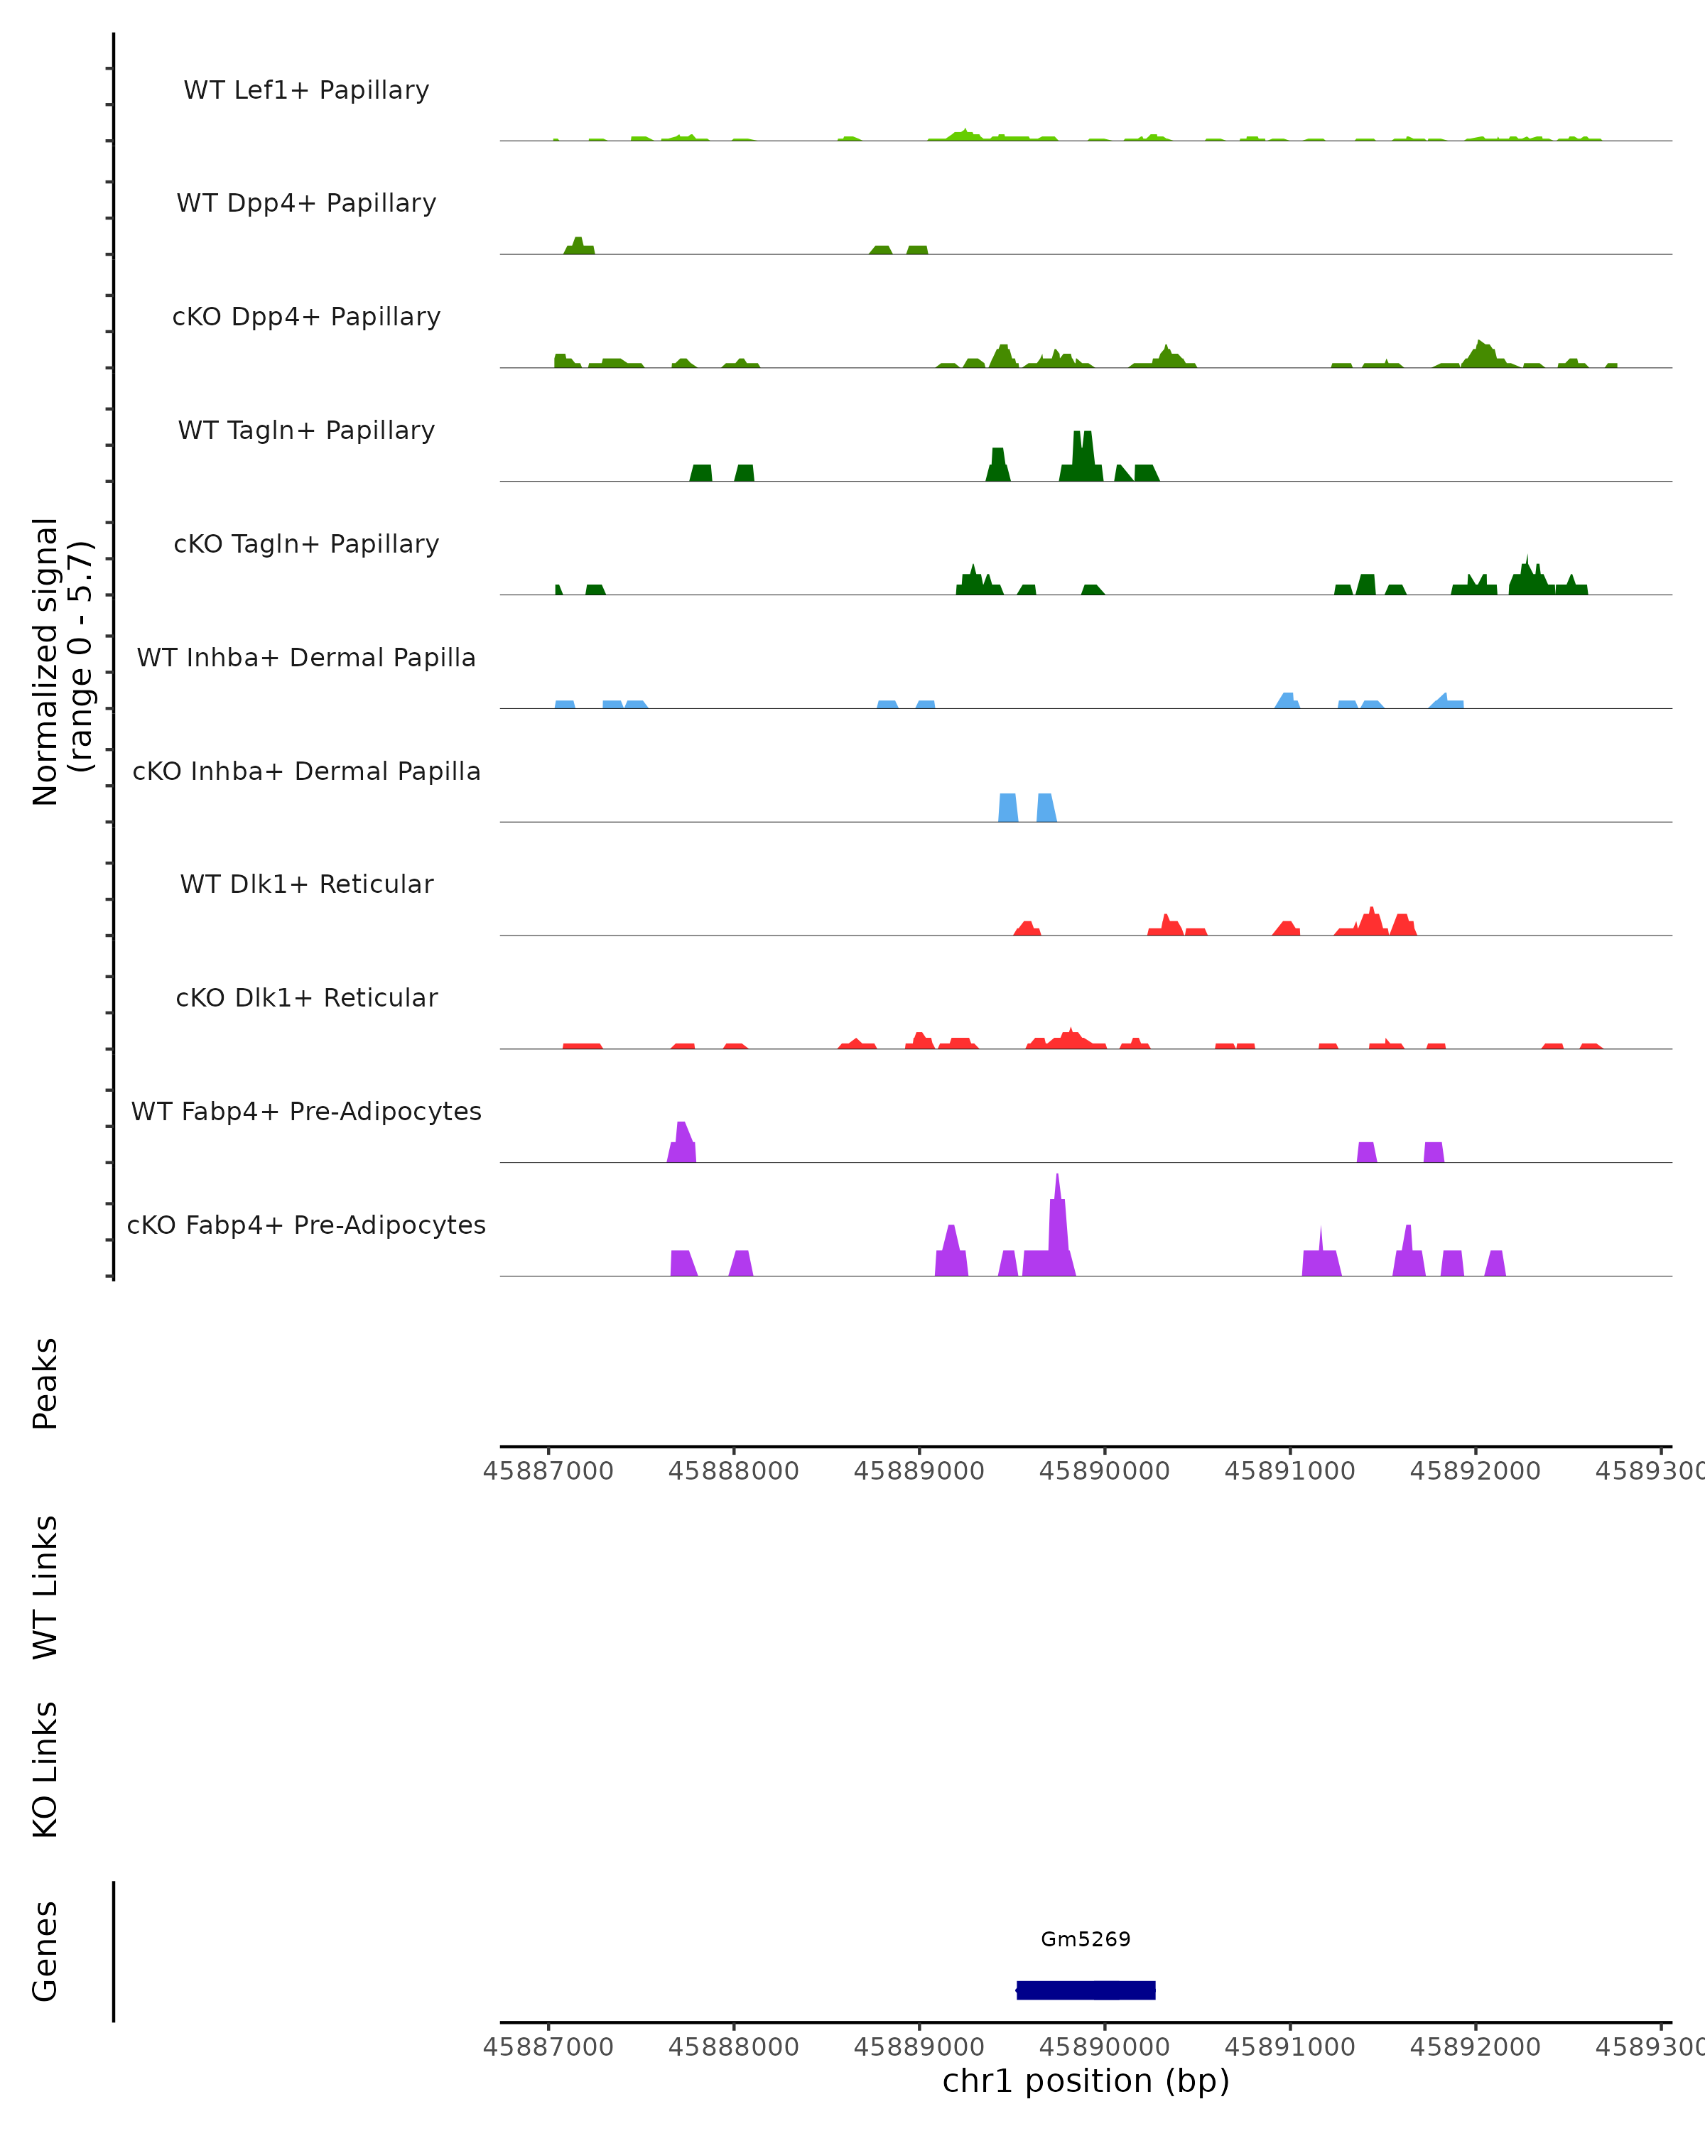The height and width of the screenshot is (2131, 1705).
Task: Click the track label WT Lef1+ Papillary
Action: pos(306,90)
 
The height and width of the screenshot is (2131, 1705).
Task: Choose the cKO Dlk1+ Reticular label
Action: pos(306,997)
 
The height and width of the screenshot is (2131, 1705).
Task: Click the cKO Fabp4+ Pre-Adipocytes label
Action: pos(306,1225)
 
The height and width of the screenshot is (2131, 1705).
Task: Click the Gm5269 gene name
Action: pos(1086,1938)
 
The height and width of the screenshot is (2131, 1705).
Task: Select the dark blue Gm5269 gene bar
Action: pos(1086,1990)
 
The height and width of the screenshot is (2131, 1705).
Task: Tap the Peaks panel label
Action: pos(45,1383)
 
